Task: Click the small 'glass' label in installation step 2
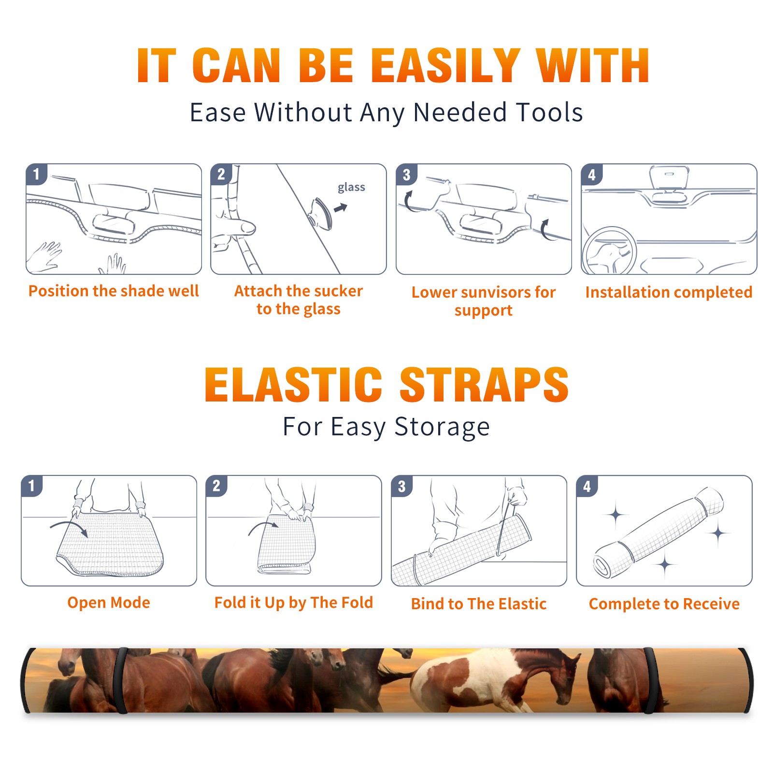(x=351, y=187)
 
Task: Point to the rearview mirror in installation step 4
(x=669, y=178)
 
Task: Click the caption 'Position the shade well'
(x=114, y=291)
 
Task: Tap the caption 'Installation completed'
(x=669, y=292)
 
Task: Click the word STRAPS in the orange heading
(x=484, y=385)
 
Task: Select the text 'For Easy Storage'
(x=386, y=427)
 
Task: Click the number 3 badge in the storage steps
(x=402, y=487)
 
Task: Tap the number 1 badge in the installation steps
(x=37, y=174)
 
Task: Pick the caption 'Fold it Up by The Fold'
(x=294, y=602)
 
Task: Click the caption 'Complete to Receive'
(x=664, y=604)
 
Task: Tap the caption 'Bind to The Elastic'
(x=479, y=604)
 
